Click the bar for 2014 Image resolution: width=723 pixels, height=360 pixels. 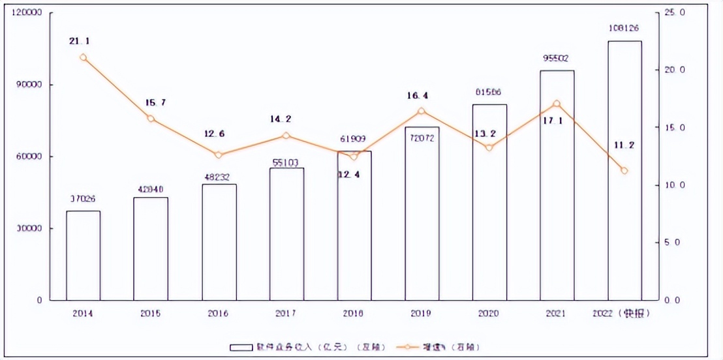click(x=83, y=255)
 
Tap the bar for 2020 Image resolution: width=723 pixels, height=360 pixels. click(x=489, y=202)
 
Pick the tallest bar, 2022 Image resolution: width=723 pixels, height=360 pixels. click(x=624, y=170)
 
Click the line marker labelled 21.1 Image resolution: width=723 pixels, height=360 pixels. click(x=83, y=57)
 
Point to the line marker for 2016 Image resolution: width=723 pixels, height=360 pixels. click(x=219, y=155)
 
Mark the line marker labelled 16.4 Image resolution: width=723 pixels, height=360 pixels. click(x=422, y=112)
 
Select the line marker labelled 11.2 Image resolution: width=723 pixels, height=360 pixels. click(x=624, y=171)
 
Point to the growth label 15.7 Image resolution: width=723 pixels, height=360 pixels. click(x=151, y=102)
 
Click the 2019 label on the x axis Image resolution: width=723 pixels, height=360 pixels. click(x=422, y=314)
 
